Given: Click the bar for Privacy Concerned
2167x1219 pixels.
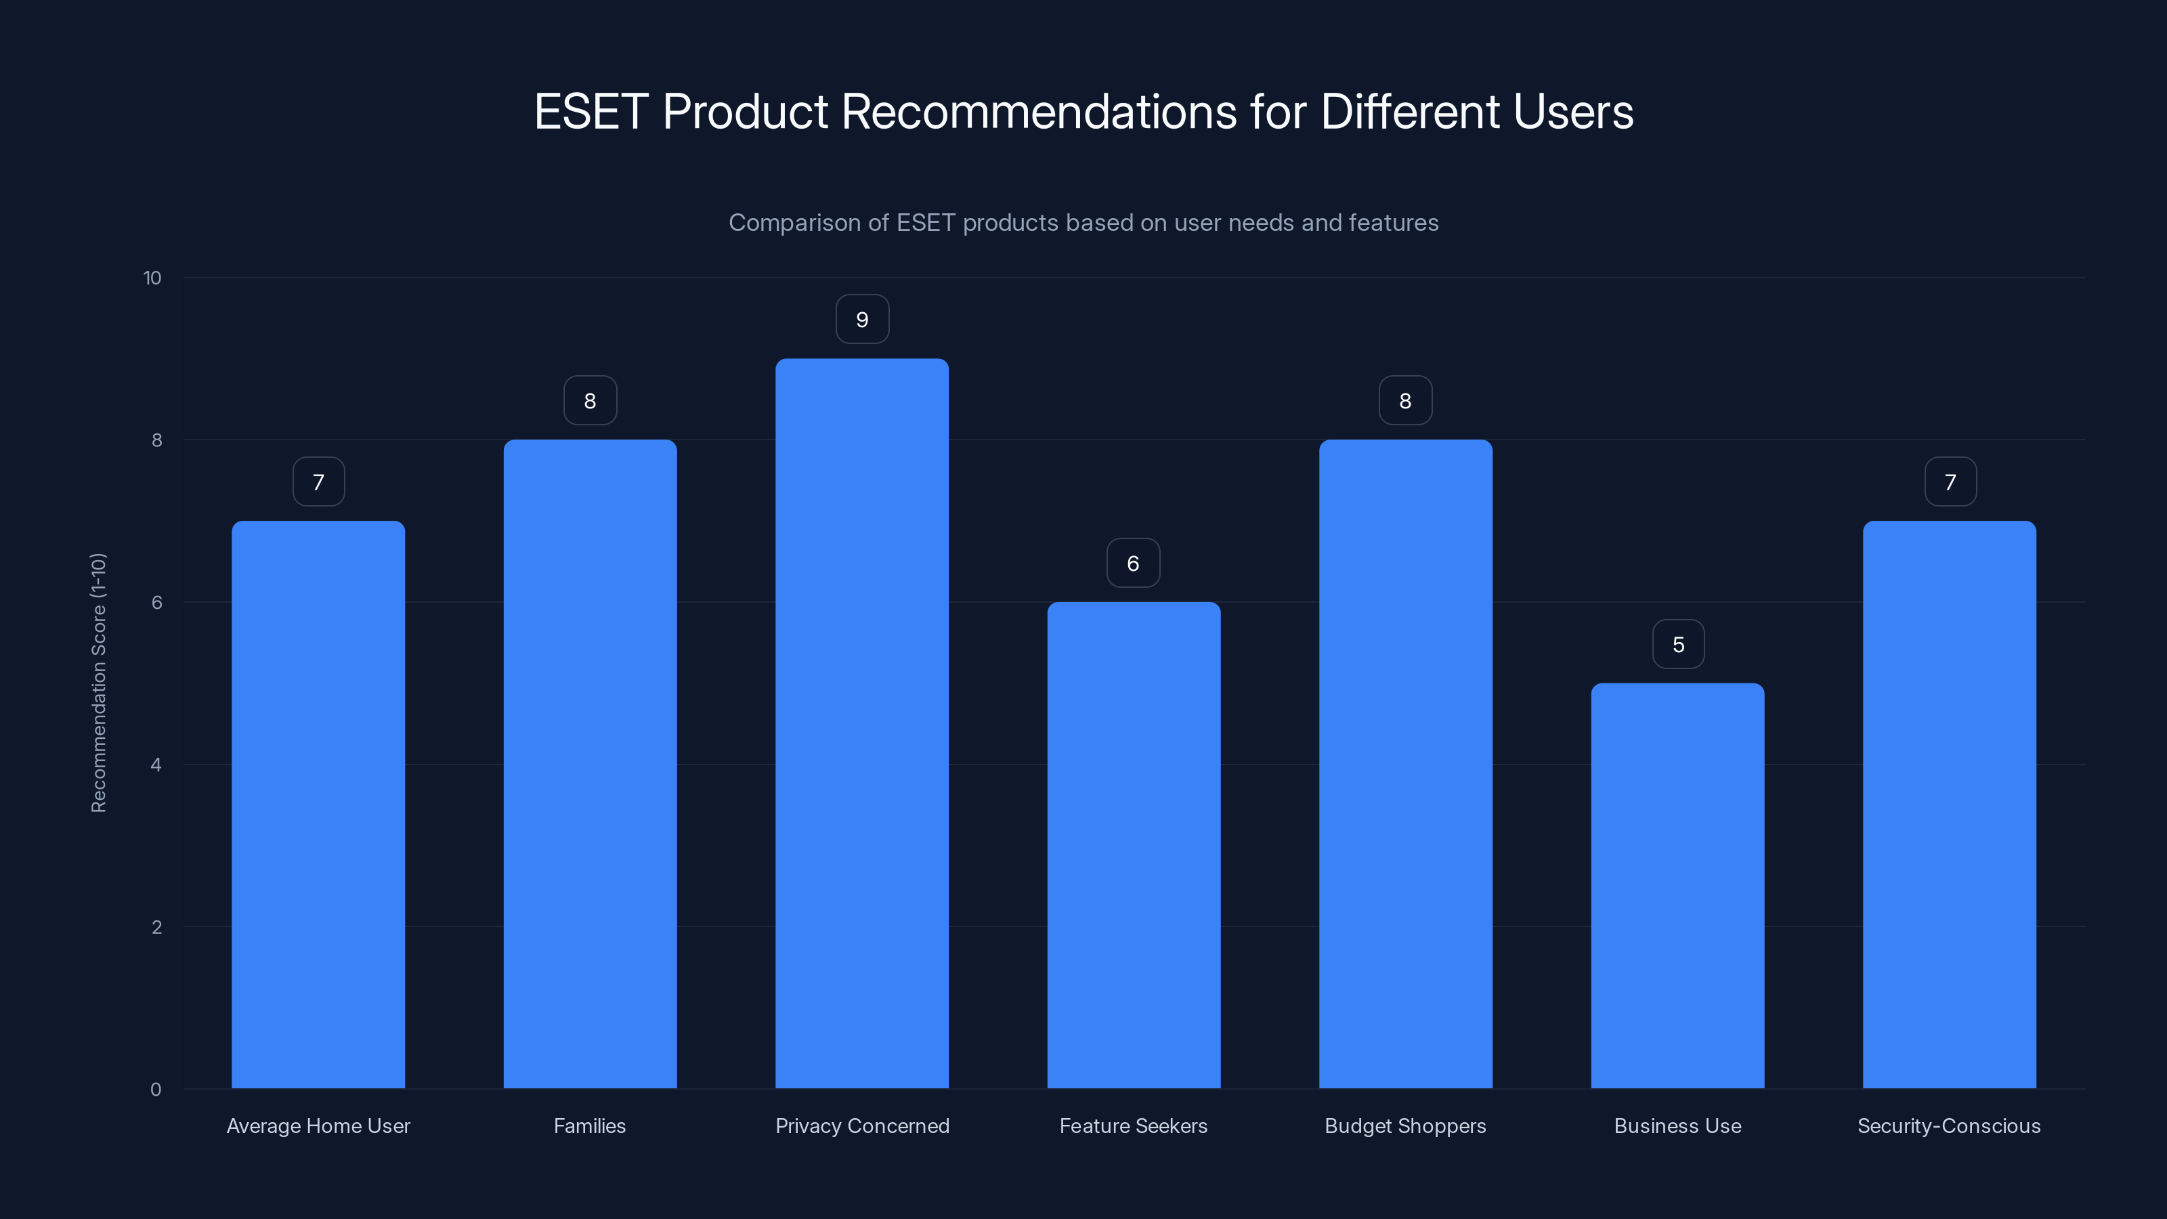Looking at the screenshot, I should [861, 723].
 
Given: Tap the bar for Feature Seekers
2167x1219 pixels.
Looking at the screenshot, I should [1133, 844].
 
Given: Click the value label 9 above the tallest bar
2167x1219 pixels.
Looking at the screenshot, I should [862, 320].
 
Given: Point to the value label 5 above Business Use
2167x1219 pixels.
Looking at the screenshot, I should [1678, 645].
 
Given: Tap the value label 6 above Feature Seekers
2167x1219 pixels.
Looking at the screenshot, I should [1133, 563].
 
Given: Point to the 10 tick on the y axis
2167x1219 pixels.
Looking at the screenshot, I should [152, 278].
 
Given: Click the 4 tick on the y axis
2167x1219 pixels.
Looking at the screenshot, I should [156, 765].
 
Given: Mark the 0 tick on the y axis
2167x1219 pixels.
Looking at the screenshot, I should [156, 1090].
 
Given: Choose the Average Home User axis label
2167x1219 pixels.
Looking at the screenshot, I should [318, 1126].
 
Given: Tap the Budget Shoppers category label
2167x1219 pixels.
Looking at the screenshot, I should [1405, 1126].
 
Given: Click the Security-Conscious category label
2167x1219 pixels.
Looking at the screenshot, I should [1949, 1126].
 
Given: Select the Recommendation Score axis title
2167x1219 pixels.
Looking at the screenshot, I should [98, 682].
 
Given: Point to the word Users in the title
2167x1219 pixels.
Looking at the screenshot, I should [1572, 112].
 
